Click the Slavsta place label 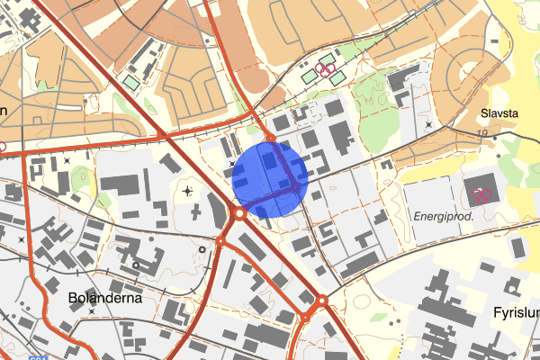tap(499, 114)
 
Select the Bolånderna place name tap(105, 296)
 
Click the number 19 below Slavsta tap(482, 133)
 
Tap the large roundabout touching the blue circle tap(239, 214)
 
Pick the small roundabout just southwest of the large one tap(219, 241)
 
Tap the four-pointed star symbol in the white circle tap(186, 191)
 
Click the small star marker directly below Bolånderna tap(93, 311)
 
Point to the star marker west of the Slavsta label tap(428, 124)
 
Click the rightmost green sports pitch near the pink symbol tap(337, 79)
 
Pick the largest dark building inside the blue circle tap(269, 162)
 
